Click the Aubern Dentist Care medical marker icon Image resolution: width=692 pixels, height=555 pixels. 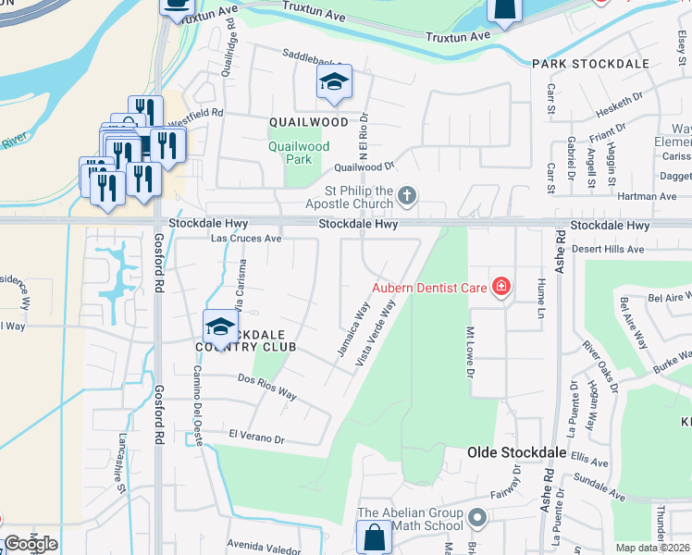(x=501, y=288)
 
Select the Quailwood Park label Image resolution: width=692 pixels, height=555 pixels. (x=299, y=153)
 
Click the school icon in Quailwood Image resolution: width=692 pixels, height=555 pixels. (x=334, y=83)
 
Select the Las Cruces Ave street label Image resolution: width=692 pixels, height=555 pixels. (x=246, y=238)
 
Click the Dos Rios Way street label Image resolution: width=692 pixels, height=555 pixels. (x=267, y=387)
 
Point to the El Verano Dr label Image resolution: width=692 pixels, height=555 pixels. (x=256, y=435)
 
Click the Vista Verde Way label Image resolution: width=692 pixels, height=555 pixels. (x=380, y=331)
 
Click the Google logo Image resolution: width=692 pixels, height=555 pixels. (x=31, y=544)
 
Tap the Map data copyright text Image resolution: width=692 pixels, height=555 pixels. (x=653, y=548)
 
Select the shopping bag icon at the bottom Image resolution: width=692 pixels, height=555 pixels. (x=374, y=537)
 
